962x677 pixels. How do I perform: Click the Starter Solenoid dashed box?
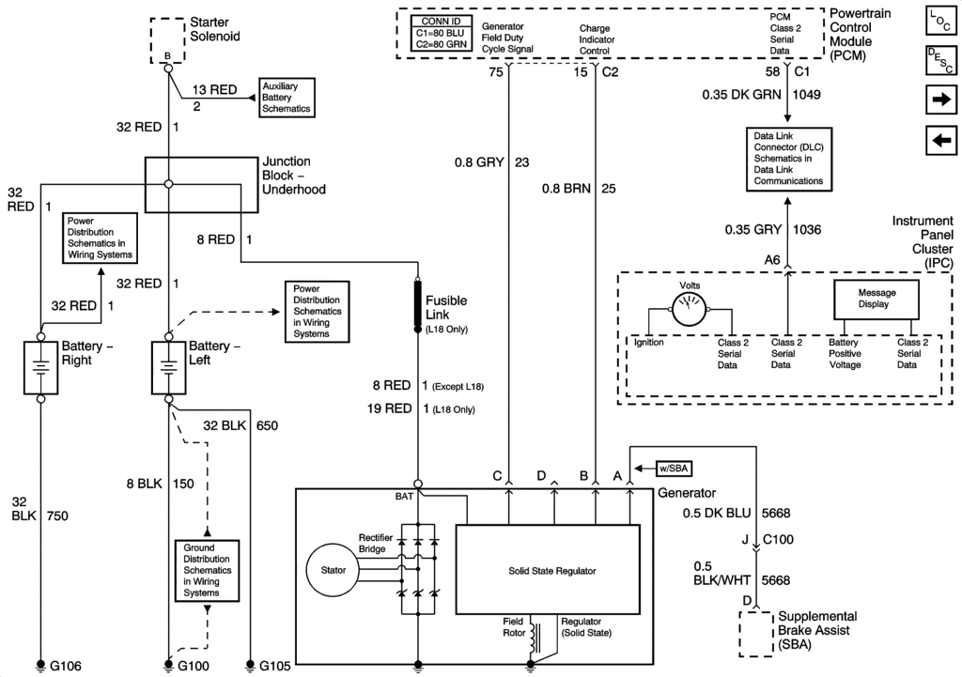167,38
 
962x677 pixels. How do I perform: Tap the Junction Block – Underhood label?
294,175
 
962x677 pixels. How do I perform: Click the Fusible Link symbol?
418,303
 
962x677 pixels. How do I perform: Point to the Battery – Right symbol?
40,366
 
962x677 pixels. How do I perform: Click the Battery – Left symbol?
168,366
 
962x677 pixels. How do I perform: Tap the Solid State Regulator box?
548,570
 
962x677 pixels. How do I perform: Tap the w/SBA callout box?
673,467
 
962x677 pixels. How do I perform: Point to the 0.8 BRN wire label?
566,189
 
